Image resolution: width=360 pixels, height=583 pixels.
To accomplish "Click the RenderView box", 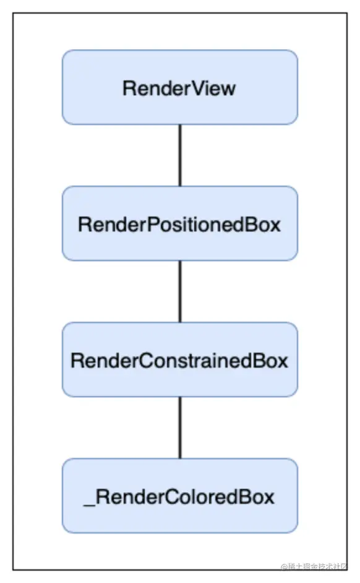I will click(179, 87).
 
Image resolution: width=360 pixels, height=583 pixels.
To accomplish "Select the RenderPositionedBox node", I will click(179, 223).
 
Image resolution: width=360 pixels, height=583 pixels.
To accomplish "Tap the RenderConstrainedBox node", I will click(179, 360).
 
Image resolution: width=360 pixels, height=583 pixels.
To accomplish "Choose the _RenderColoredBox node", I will click(179, 496).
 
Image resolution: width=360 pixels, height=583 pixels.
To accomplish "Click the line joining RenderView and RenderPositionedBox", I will click(180, 155).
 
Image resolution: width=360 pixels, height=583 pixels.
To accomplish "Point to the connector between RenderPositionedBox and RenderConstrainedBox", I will click(180, 291).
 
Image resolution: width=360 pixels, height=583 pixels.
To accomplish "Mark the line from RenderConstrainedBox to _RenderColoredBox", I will click(180, 427).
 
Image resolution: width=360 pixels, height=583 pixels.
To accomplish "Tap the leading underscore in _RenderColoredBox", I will click(88, 503).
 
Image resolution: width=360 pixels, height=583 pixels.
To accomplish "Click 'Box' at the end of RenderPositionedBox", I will click(265, 224).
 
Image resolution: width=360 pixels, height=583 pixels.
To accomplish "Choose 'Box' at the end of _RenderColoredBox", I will click(259, 496).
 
